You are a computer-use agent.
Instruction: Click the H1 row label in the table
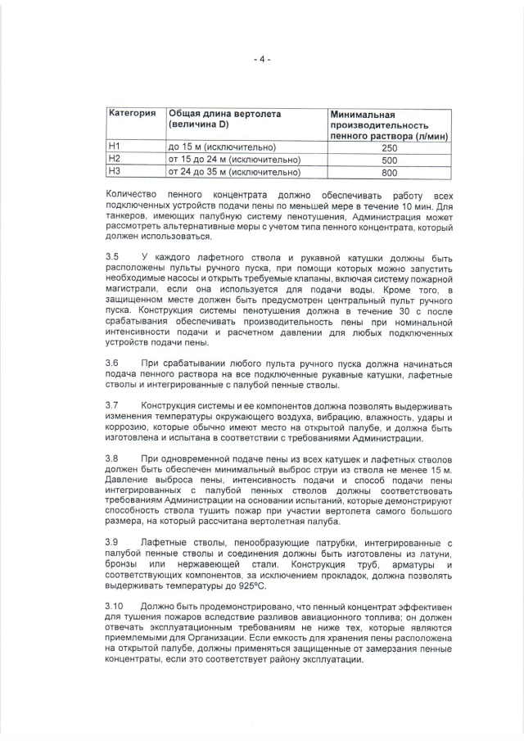click(x=115, y=146)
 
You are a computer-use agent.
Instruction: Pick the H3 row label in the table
click(x=115, y=172)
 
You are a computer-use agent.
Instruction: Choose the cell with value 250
click(x=389, y=147)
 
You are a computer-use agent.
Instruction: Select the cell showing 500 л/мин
click(x=389, y=160)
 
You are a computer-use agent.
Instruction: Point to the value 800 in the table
click(x=389, y=173)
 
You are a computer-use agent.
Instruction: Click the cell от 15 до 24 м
click(x=234, y=159)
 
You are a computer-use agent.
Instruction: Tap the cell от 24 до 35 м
click(x=234, y=172)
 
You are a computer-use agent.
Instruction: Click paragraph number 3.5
click(x=113, y=256)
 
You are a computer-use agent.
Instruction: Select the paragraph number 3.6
click(x=113, y=362)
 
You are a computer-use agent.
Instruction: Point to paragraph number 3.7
click(x=113, y=405)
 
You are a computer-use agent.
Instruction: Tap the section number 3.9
click(x=113, y=542)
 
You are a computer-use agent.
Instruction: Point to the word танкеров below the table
click(x=131, y=217)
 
